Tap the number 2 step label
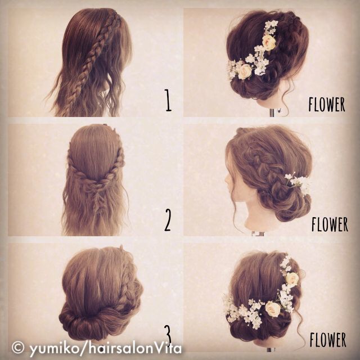[x=168, y=221]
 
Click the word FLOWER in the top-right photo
[x=327, y=105]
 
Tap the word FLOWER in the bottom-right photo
[x=327, y=340]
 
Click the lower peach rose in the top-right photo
[x=245, y=71]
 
